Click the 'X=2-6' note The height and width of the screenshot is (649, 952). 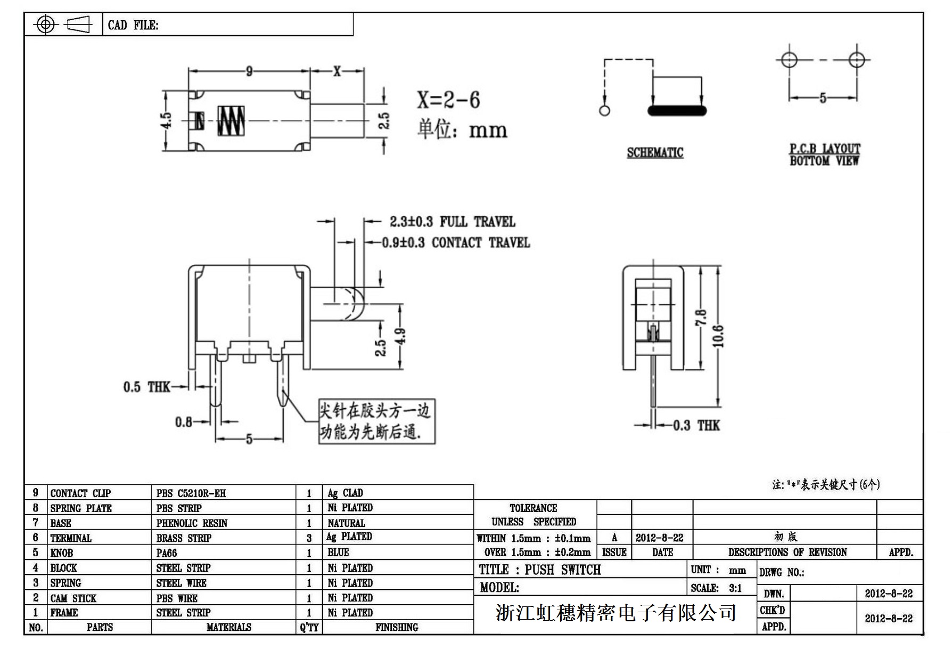pyautogui.click(x=448, y=100)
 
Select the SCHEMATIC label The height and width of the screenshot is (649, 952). pyautogui.click(x=655, y=153)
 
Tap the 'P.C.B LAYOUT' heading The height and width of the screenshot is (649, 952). pyautogui.click(x=824, y=149)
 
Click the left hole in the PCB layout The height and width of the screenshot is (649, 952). pyautogui.click(x=789, y=60)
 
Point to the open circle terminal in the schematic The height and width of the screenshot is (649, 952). pyautogui.click(x=604, y=111)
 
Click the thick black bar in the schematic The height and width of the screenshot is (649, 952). pyautogui.click(x=677, y=111)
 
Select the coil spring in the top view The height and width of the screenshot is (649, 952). pyautogui.click(x=231, y=120)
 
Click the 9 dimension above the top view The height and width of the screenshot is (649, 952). pyautogui.click(x=249, y=71)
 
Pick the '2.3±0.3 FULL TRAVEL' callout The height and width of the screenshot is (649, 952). pyautogui.click(x=452, y=222)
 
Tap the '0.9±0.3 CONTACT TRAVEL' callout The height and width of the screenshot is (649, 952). pyautogui.click(x=456, y=243)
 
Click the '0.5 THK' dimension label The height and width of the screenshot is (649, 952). pyautogui.click(x=146, y=387)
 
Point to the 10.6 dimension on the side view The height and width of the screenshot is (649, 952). pyautogui.click(x=719, y=336)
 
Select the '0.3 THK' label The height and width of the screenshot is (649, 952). pyautogui.click(x=696, y=425)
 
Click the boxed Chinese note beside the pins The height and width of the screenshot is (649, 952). pyautogui.click(x=376, y=421)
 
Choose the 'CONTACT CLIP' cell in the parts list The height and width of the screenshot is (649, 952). pyautogui.click(x=80, y=493)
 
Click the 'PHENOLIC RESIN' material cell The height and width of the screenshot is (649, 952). pyautogui.click(x=192, y=523)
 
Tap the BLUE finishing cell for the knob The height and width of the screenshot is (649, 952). pyautogui.click(x=338, y=553)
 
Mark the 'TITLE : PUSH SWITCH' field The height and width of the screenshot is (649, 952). pyautogui.click(x=540, y=570)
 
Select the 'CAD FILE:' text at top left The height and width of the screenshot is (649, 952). pyautogui.click(x=133, y=25)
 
